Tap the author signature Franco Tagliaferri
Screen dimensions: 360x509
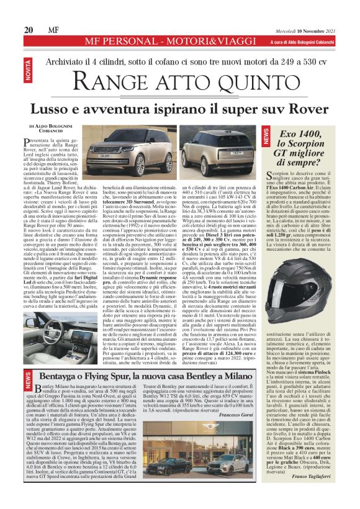tap(313, 490)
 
